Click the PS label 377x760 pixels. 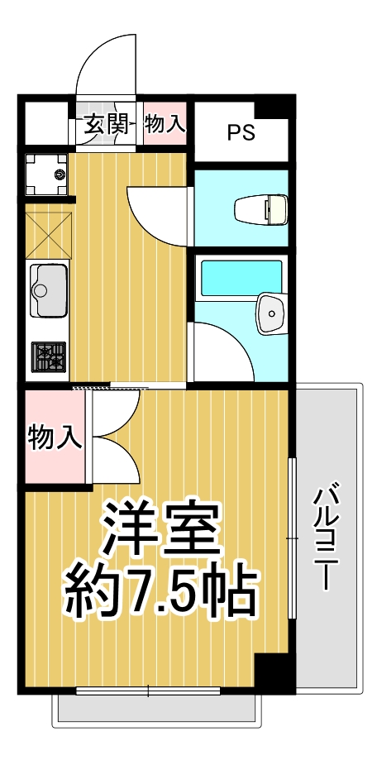pyautogui.click(x=241, y=132)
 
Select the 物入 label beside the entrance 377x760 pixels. pyautogui.click(x=165, y=125)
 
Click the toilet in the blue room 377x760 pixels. pyautogui.click(x=260, y=209)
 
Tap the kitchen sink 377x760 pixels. pyautogui.click(x=49, y=289)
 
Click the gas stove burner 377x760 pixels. pyautogui.click(x=49, y=357)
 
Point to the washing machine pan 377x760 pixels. pyautogui.click(x=49, y=174)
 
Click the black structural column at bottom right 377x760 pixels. pyautogui.click(x=274, y=672)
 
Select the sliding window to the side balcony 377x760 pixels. pyautogui.click(x=290, y=538)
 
